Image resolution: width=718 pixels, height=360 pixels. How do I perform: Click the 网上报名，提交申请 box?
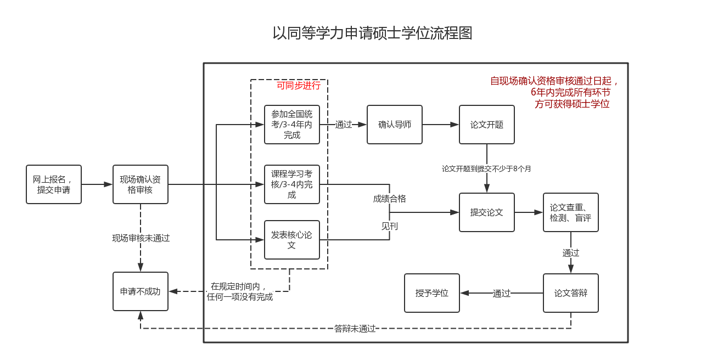(54, 184)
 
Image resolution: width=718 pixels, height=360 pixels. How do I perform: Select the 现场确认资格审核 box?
(141, 184)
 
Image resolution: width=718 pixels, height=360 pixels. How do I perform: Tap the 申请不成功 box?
(141, 291)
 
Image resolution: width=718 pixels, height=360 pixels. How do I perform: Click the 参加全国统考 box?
(292, 125)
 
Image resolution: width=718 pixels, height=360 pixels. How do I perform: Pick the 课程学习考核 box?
(292, 184)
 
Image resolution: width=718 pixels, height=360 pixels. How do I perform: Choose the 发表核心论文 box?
(292, 240)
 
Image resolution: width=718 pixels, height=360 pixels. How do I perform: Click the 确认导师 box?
(395, 125)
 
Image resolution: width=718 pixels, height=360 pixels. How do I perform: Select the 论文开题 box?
(487, 125)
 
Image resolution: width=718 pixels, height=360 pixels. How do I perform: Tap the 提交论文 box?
(487, 212)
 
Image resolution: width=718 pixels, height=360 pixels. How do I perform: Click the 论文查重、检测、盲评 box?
(571, 212)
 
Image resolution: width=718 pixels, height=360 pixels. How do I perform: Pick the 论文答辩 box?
(571, 293)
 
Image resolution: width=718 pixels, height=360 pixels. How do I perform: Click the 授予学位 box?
(432, 293)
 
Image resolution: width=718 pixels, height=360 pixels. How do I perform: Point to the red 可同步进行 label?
(299, 86)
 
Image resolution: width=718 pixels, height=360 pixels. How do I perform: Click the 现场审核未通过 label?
(141, 238)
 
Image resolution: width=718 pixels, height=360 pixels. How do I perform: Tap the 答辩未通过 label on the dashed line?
(355, 329)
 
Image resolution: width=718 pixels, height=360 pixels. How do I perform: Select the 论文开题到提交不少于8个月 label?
(487, 169)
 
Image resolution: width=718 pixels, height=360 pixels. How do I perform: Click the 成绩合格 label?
(390, 199)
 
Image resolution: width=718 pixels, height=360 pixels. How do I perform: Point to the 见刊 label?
(390, 226)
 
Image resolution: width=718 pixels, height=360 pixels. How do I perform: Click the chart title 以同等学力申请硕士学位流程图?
(373, 33)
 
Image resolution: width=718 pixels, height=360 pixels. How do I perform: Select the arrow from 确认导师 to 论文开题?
(440, 125)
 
